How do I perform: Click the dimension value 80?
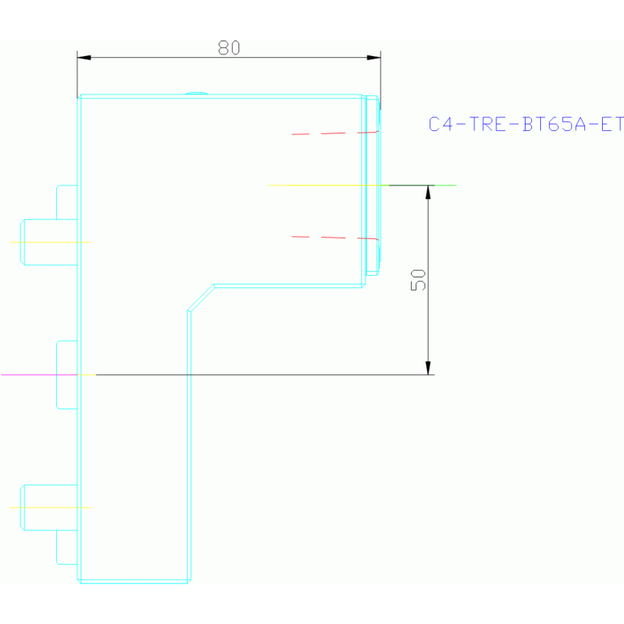click(229, 48)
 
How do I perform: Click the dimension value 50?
click(419, 280)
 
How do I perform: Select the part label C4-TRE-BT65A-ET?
click(526, 124)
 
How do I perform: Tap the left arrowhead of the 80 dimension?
click(84, 58)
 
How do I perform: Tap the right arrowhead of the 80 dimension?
click(373, 58)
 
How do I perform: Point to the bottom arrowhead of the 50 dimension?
click(428, 368)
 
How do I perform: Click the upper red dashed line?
click(334, 133)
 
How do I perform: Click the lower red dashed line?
click(334, 238)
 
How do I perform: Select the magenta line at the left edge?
click(33, 374)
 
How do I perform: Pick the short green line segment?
click(444, 185)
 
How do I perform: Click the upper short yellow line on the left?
click(49, 242)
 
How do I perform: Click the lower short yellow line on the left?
click(49, 508)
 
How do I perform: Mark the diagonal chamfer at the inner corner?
click(201, 298)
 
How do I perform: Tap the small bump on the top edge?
click(196, 94)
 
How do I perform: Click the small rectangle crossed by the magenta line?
click(67, 374)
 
